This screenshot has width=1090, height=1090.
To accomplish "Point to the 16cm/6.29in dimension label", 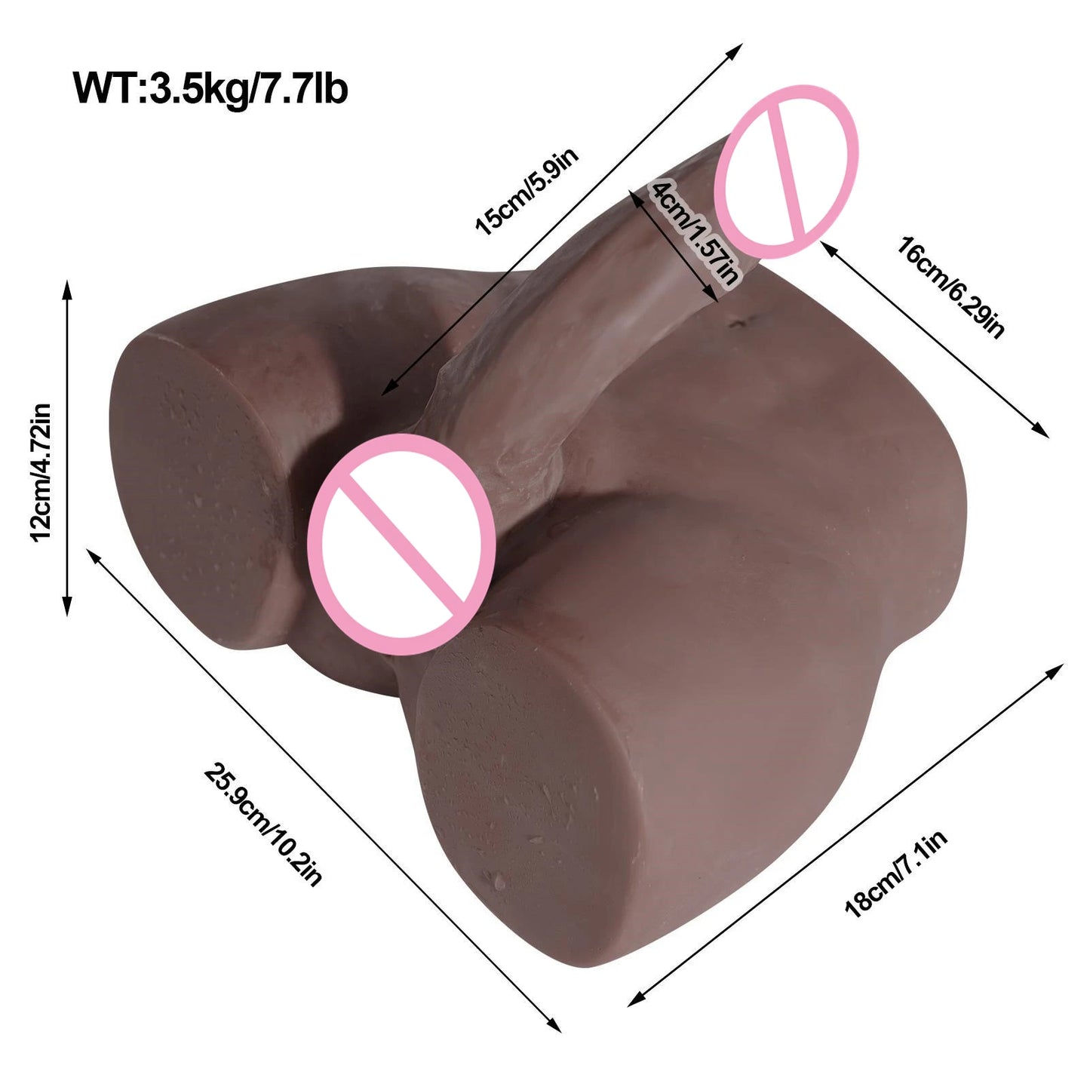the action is (951, 288).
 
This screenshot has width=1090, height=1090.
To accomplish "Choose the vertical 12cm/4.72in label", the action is (41, 472).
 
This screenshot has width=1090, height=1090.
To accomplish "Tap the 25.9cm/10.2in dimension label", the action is (263, 824).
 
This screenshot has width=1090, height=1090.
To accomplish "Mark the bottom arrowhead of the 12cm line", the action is (67, 608).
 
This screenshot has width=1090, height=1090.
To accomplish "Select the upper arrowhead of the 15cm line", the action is (735, 50).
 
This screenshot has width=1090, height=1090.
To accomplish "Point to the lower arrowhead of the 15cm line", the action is (388, 390).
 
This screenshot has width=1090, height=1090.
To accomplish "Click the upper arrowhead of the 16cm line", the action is (827, 246).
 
